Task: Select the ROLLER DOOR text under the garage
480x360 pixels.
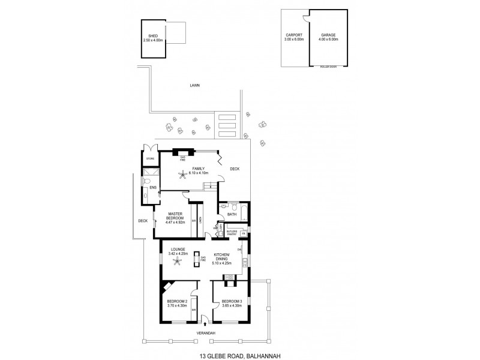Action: [x=328, y=67]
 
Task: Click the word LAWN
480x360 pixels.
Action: [x=194, y=86]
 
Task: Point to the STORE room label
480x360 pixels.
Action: [x=150, y=158]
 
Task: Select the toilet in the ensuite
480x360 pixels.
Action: [x=147, y=181]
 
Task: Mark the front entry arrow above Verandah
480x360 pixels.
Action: [x=205, y=323]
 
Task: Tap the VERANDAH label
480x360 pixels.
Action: [x=206, y=332]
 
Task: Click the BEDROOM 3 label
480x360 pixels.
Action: [x=232, y=301]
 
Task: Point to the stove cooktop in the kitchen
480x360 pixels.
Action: [x=229, y=277]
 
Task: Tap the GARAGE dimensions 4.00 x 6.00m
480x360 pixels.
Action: [x=329, y=39]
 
